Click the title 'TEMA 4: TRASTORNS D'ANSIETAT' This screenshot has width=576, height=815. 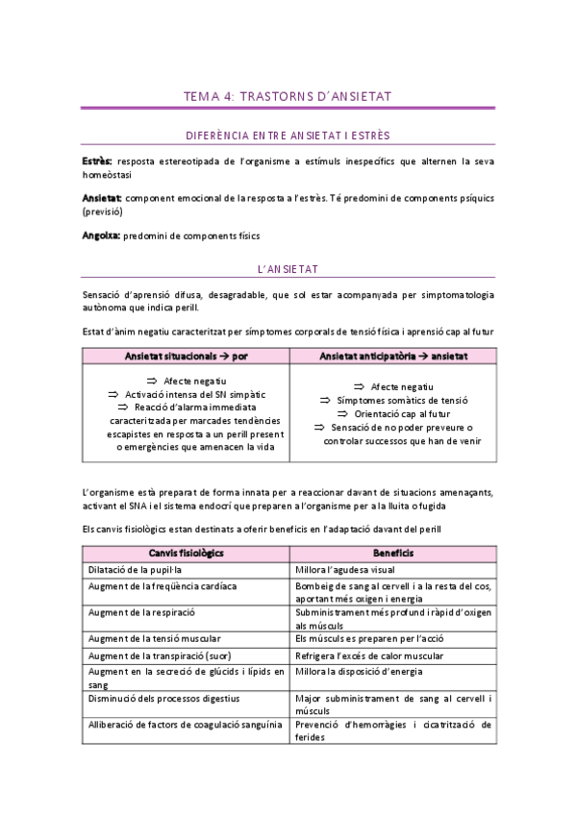pyautogui.click(x=288, y=96)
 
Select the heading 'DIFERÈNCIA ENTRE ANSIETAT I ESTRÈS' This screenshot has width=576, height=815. pyautogui.click(x=288, y=136)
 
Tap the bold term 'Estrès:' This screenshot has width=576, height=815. pyautogui.click(x=97, y=161)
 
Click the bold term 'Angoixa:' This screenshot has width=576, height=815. pyautogui.click(x=101, y=235)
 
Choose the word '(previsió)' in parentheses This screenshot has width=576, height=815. pyautogui.click(x=104, y=210)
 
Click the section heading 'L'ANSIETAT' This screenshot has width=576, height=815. pyautogui.click(x=288, y=270)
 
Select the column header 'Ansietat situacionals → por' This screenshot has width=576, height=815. pyautogui.click(x=187, y=357)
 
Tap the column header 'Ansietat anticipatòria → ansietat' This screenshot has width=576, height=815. pyautogui.click(x=393, y=357)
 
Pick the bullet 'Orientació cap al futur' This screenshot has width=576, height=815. pyautogui.click(x=394, y=413)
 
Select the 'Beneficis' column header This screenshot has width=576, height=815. pyautogui.click(x=392, y=553)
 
